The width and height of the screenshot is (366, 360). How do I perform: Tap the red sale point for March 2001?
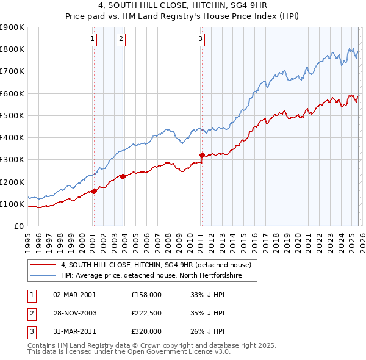click(94, 191)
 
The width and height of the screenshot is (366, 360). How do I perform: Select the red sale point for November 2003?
click(123, 176)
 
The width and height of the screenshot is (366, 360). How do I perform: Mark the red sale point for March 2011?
click(202, 155)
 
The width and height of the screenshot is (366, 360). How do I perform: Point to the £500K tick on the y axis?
click(12, 115)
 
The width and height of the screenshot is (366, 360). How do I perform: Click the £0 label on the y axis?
click(18, 226)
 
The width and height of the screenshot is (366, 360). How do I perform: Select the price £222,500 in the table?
click(146, 313)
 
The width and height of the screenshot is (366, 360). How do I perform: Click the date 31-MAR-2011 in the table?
click(74, 331)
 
